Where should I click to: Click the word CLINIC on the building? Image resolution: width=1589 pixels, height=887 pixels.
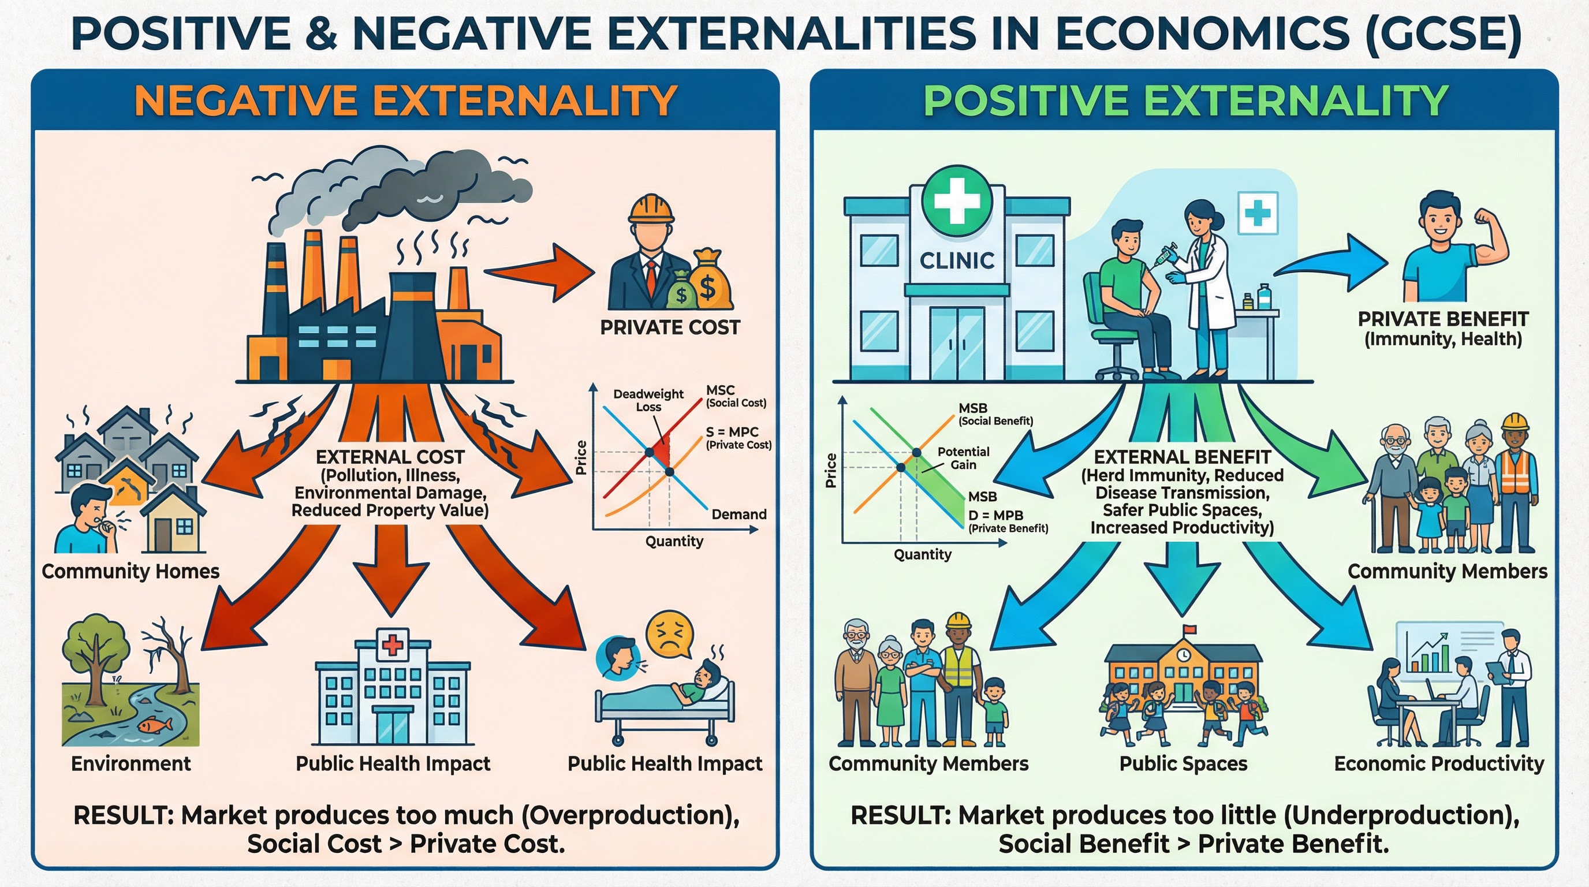pyautogui.click(x=957, y=261)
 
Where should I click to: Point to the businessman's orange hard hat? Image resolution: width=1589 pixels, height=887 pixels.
pyautogui.click(x=651, y=209)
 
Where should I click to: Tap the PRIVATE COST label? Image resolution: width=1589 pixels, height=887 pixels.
pyautogui.click(x=670, y=327)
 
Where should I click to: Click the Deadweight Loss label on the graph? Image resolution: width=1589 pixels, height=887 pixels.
pyautogui.click(x=648, y=400)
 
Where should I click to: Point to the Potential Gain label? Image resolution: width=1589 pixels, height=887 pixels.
pyautogui.click(x=963, y=459)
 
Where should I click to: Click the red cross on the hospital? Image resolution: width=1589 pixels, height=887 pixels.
pyautogui.click(x=392, y=645)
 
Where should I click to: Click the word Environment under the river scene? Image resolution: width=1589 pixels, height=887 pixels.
pyautogui.click(x=130, y=763)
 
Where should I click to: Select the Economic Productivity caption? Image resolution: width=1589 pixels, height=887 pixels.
pyautogui.click(x=1438, y=763)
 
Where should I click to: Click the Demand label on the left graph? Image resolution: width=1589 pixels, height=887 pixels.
pyautogui.click(x=739, y=515)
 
